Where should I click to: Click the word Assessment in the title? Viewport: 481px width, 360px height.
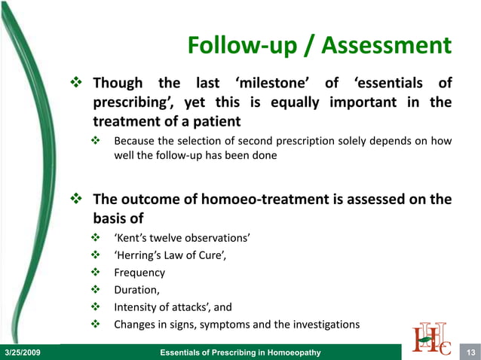point(386,47)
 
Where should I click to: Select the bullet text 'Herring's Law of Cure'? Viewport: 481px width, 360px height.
point(170,256)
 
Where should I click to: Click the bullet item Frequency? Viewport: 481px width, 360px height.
point(139,273)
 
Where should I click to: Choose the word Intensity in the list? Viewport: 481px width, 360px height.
point(136,307)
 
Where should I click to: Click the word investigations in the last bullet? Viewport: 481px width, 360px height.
point(327,325)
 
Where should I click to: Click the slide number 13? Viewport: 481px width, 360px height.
point(470,352)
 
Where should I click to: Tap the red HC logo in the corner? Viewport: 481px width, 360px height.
point(433,337)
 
